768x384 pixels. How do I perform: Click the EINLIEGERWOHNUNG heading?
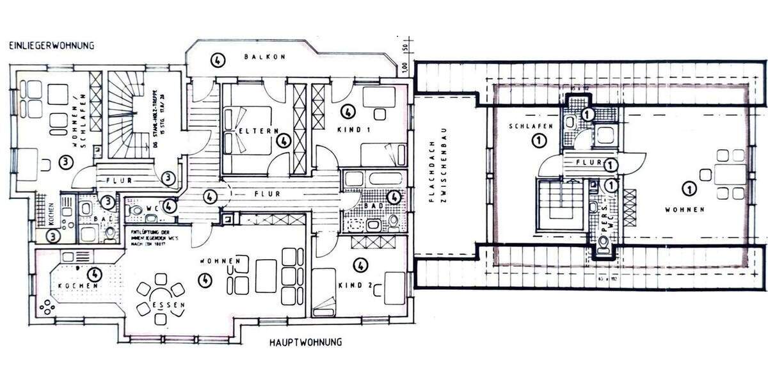coord(51,45)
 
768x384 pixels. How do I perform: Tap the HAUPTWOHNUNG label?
coord(302,342)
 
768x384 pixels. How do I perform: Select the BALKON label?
coord(264,57)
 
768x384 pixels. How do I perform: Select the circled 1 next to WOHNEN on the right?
coord(689,189)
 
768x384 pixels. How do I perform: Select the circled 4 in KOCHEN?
coord(95,273)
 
